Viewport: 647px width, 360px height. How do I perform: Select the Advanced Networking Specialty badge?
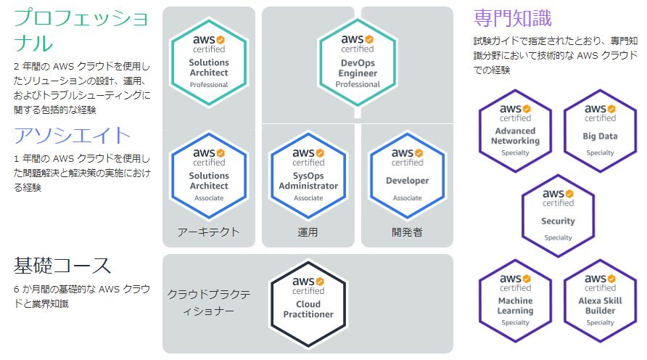[516, 131]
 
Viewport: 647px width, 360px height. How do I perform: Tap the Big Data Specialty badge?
[600, 131]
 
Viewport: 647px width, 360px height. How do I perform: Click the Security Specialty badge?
[558, 216]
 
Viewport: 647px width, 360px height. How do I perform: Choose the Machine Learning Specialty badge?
[516, 300]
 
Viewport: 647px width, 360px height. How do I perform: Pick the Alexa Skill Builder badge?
[600, 300]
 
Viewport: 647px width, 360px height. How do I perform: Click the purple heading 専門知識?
[512, 17]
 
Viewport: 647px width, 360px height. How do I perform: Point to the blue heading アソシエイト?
[73, 136]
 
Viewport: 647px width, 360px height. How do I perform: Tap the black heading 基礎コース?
[62, 266]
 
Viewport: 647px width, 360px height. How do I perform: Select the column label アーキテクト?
[209, 232]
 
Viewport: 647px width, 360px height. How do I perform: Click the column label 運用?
[308, 232]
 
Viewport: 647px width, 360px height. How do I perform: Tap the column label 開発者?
[407, 232]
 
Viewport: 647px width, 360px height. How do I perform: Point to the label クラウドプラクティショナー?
[209, 302]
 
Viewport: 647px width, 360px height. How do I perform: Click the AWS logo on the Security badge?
[558, 194]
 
